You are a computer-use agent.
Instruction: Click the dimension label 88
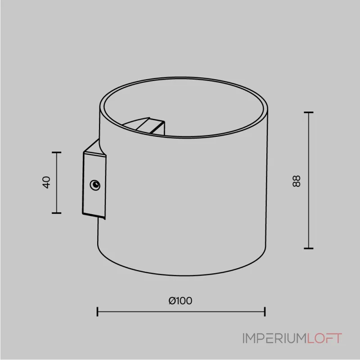pyautogui.click(x=297, y=181)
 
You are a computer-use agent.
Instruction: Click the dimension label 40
pyautogui.click(x=47, y=183)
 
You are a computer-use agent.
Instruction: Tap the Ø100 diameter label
pyautogui.click(x=180, y=301)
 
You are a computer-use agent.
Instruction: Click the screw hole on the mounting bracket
pyautogui.click(x=95, y=185)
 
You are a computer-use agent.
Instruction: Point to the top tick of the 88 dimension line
pyautogui.click(x=309, y=112)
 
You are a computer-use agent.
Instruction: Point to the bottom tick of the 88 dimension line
pyautogui.click(x=309, y=248)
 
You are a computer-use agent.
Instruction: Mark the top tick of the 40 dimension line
pyautogui.click(x=57, y=152)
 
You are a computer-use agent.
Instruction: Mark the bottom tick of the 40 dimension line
pyautogui.click(x=57, y=213)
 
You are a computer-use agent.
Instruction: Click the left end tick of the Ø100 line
pyautogui.click(x=97, y=311)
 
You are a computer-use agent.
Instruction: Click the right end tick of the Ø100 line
pyautogui.click(x=265, y=311)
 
